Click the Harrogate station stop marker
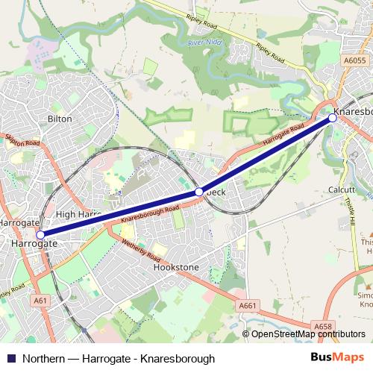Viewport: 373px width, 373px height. point(40,234)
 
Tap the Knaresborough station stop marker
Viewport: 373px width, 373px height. point(333,117)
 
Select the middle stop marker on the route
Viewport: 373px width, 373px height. point(199,192)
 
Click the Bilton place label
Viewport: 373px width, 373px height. point(60,119)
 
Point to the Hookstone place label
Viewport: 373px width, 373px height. point(176,266)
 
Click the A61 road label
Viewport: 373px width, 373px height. point(42,300)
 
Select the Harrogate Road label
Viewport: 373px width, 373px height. point(284,134)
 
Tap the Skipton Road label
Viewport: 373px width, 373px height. point(22,141)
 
